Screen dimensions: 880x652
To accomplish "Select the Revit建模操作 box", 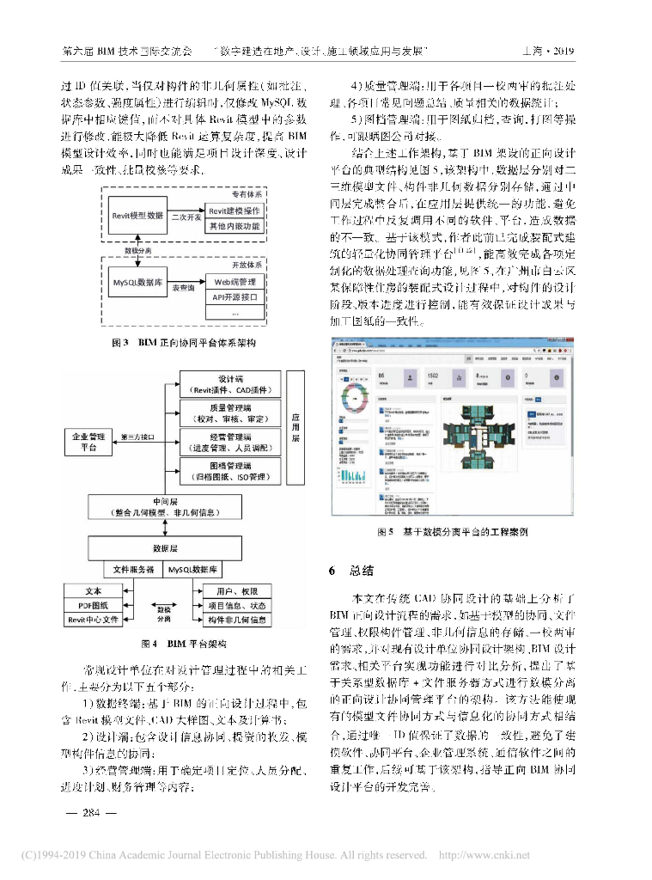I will (x=235, y=211).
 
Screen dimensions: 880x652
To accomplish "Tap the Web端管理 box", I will (x=235, y=282).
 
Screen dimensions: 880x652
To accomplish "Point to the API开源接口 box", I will (x=235, y=297).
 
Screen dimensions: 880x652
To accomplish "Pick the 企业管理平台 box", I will (x=88, y=442).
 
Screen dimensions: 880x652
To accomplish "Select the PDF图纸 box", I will (x=93, y=605).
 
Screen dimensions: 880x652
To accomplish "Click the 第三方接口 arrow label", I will (x=138, y=437).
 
